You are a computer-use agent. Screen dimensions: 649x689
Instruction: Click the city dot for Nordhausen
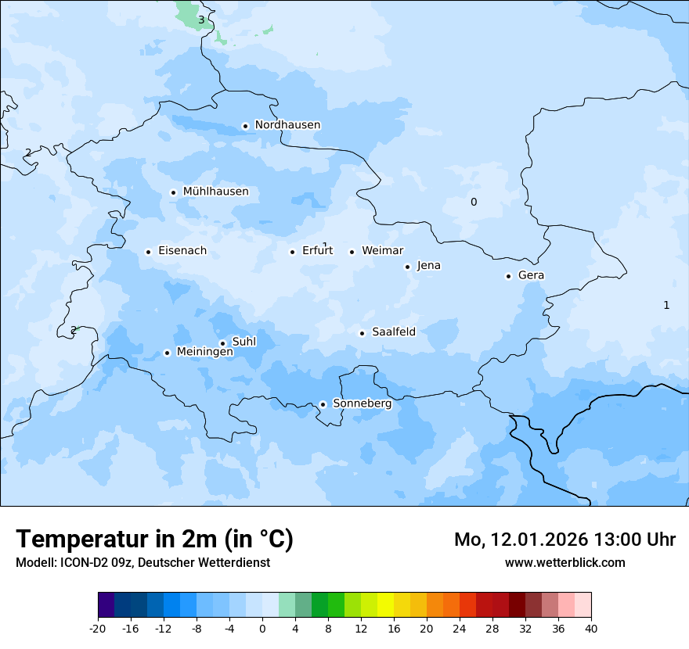[245, 126]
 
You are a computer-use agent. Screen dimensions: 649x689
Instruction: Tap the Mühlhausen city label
[215, 192]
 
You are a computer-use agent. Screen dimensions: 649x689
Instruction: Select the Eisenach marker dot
[148, 252]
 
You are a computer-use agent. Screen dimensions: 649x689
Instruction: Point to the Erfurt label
[317, 251]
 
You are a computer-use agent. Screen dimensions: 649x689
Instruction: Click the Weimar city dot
[352, 252]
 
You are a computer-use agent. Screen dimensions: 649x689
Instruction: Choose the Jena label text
[428, 266]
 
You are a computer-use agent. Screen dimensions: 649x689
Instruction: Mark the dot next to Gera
[508, 276]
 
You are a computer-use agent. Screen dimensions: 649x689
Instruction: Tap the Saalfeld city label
[393, 332]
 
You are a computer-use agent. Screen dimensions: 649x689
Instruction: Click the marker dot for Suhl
[222, 343]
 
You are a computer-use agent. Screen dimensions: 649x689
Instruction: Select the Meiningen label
[204, 352]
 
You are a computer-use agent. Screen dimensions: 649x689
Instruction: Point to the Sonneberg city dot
[323, 405]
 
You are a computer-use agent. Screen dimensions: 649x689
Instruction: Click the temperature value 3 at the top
[201, 20]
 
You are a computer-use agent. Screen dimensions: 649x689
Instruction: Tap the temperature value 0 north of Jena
[473, 203]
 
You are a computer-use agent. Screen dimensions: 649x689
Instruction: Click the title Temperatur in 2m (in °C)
[154, 540]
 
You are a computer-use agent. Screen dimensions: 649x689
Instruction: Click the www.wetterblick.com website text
[565, 563]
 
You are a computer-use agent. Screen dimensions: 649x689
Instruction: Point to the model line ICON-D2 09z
[142, 563]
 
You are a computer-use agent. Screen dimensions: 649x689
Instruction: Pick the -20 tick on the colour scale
[98, 628]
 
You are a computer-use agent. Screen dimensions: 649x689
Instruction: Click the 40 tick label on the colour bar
[590, 628]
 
